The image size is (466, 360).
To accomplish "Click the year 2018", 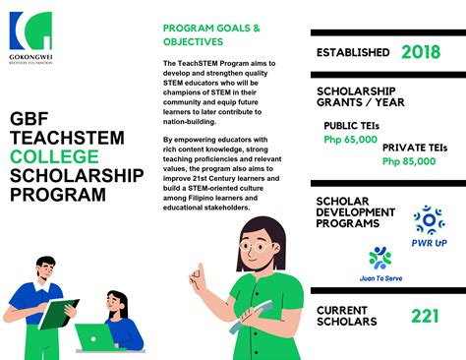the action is tap(421, 52).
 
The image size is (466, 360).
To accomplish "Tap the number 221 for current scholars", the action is tap(426, 317).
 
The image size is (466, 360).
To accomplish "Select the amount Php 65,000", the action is tap(350, 140).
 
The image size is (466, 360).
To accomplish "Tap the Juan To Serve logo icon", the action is tap(379, 257).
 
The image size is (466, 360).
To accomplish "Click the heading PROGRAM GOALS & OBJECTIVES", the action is tap(211, 36).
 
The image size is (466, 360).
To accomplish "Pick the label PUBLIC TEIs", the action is tap(352, 126).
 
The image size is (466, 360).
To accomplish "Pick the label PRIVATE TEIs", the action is tap(414, 148).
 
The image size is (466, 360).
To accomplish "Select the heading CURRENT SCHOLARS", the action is tap(345, 317).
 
